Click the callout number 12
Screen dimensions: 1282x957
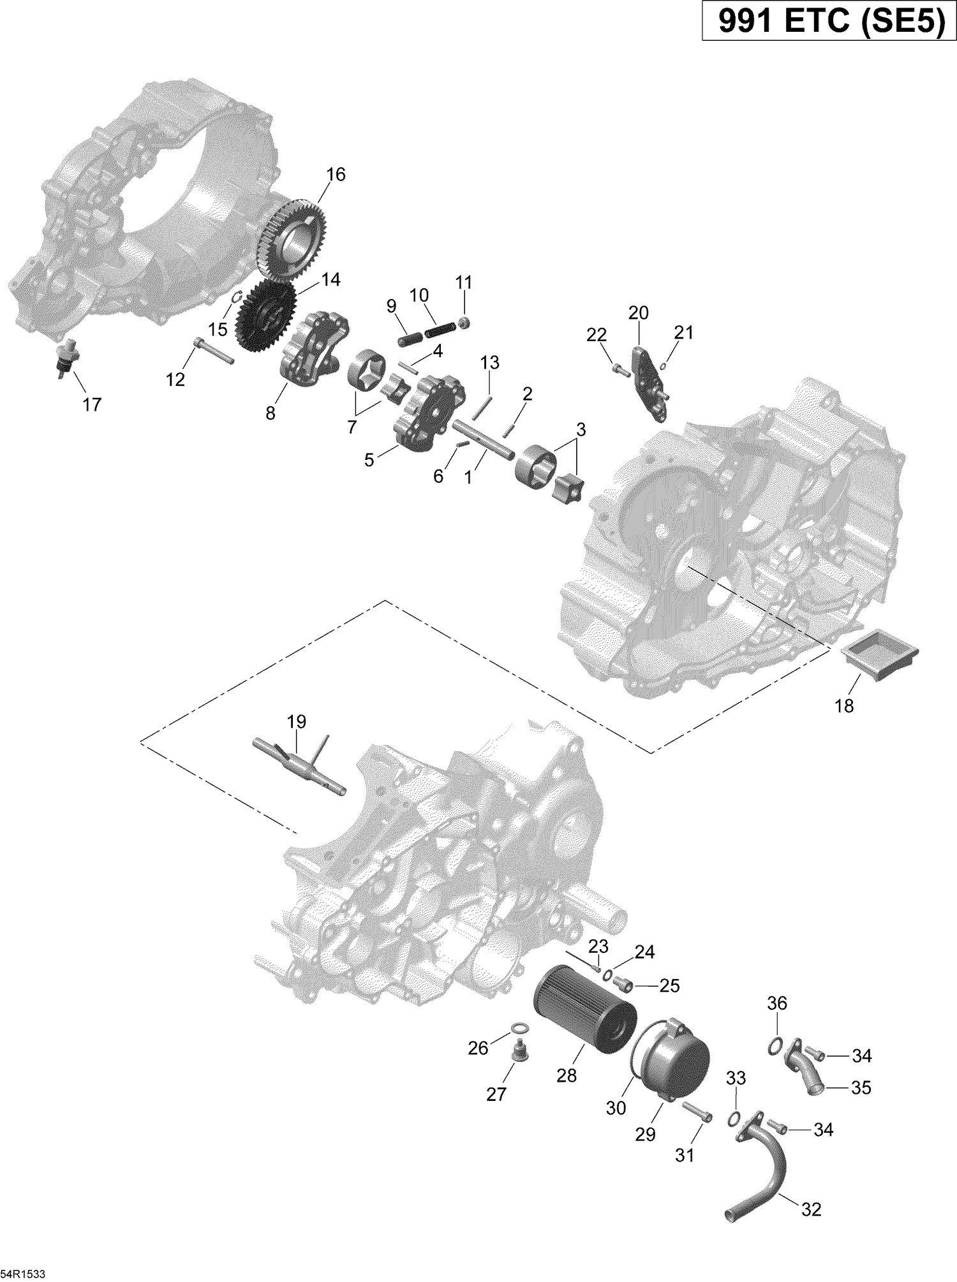175,379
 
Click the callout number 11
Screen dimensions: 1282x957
464,282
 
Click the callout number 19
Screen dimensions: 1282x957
297,721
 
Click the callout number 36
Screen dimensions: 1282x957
777,1003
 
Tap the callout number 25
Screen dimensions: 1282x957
669,986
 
